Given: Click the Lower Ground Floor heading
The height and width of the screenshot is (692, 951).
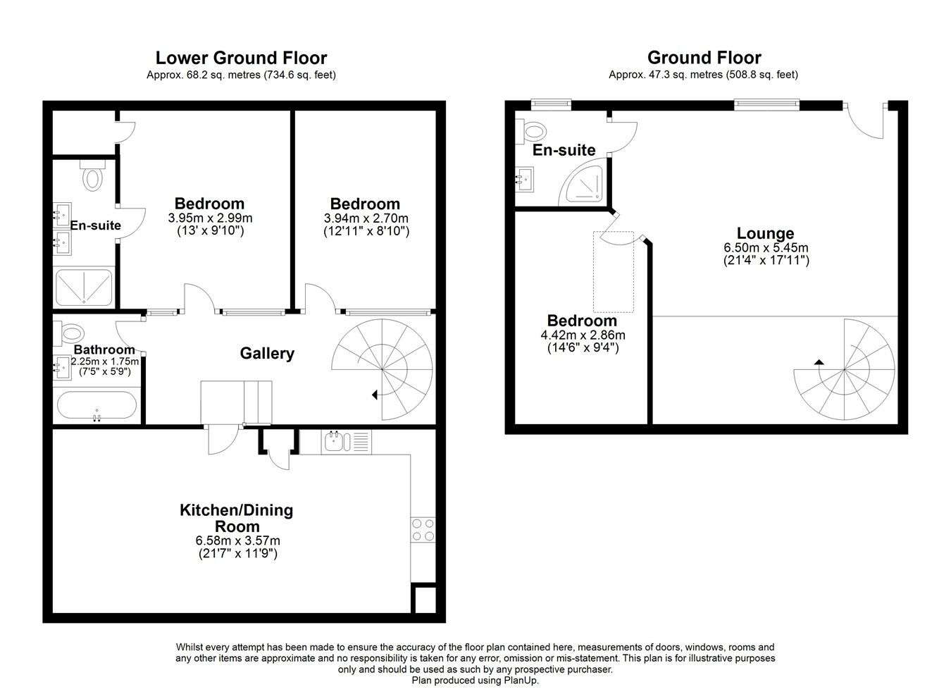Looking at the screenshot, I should [x=241, y=57].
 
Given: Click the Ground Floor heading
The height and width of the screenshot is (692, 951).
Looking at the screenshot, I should [x=704, y=57].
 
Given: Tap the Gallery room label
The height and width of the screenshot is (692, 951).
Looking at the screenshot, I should [x=267, y=353].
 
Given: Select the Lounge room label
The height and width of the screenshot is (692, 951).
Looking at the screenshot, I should [x=765, y=233].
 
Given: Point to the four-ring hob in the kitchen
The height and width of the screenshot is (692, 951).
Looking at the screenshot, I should [x=423, y=529].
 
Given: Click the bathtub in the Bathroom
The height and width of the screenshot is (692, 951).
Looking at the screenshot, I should [x=97, y=407].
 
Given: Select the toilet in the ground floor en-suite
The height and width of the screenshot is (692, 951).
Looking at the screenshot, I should [x=533, y=131].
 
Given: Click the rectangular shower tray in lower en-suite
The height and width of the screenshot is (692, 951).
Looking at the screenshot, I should [x=84, y=288].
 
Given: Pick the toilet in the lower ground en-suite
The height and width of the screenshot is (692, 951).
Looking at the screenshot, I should [x=92, y=175].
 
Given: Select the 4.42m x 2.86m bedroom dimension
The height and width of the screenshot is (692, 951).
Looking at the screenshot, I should [x=582, y=335].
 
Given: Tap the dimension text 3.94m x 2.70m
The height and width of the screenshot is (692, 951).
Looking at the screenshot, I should [x=366, y=218].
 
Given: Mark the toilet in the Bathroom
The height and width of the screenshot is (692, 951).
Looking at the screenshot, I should [x=70, y=331].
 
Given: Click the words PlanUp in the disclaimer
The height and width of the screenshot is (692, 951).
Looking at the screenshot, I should [x=521, y=680].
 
